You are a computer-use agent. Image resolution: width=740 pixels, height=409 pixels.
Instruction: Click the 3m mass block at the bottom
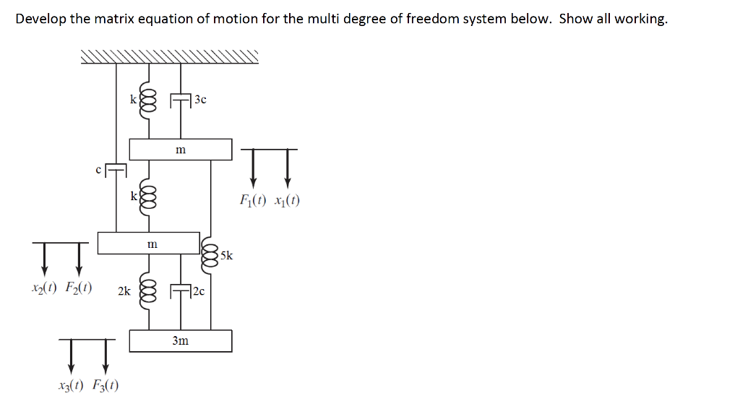181,340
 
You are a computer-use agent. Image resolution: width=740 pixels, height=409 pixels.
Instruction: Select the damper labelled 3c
180,100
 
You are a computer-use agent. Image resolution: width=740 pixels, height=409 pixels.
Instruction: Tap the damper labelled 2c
180,291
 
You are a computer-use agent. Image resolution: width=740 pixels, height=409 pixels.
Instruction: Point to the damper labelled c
116,171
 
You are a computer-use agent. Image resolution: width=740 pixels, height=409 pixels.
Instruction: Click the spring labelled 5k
211,254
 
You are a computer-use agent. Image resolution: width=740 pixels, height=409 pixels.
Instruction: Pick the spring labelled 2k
149,291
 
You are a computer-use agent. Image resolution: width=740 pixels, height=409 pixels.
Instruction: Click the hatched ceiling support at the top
169,57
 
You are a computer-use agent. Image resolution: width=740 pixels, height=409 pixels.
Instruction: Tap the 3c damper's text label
200,100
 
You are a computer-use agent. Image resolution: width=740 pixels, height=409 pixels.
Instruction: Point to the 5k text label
226,255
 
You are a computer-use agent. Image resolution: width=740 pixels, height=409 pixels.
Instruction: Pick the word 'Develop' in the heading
40,19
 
